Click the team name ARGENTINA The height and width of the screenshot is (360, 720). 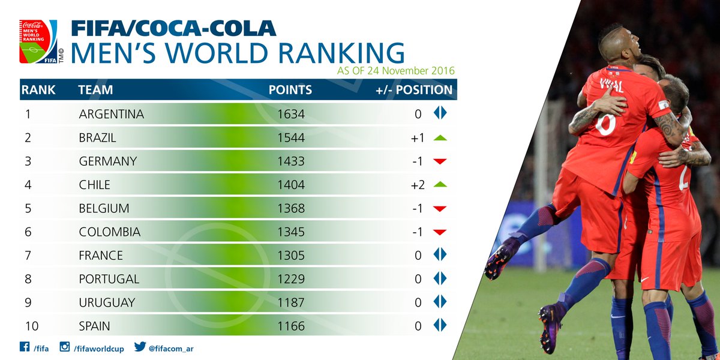(x=112, y=114)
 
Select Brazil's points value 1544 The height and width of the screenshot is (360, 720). (x=291, y=137)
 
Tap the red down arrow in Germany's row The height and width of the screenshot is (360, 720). (x=440, y=161)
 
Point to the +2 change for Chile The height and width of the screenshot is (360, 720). (x=418, y=185)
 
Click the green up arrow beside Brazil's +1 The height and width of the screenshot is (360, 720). (x=440, y=137)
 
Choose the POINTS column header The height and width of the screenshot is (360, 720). (x=290, y=90)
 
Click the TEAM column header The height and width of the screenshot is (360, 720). (x=95, y=90)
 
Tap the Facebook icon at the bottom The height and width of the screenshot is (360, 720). (x=25, y=347)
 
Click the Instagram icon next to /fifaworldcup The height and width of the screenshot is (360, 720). (x=64, y=347)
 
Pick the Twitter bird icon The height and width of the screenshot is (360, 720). (x=140, y=347)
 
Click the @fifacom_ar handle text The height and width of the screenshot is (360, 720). (x=172, y=348)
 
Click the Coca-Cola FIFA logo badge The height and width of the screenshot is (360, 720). (x=38, y=42)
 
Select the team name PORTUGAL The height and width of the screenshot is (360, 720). (x=109, y=279)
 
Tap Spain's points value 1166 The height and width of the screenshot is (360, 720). (x=291, y=326)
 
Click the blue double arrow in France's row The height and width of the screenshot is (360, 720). (x=440, y=256)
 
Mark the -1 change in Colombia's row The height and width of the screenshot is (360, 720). (x=418, y=232)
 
